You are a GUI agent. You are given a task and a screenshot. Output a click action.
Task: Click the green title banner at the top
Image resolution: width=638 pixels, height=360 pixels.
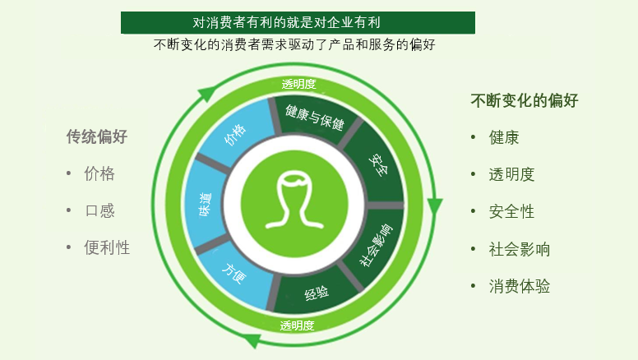click(x=298, y=22)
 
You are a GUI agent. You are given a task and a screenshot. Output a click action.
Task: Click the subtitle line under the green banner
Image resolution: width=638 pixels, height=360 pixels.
click(x=294, y=44)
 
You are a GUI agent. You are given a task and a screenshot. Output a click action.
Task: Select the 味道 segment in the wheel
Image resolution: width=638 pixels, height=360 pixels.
click(x=206, y=204)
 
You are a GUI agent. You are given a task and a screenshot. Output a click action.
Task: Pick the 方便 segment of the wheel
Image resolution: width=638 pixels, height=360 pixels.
click(x=235, y=275)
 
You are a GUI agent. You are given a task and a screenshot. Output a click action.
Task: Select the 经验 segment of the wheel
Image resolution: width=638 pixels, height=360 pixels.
click(x=317, y=293)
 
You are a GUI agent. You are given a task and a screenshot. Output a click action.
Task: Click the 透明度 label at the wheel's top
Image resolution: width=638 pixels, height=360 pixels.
click(x=298, y=84)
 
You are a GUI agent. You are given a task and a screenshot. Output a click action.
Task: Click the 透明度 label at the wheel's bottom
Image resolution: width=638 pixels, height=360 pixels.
click(x=297, y=325)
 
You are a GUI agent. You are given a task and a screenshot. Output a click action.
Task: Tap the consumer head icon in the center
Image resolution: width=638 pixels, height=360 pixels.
click(x=294, y=203)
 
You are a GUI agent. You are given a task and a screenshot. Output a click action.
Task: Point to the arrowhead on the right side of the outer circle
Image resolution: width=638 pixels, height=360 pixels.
click(x=435, y=205)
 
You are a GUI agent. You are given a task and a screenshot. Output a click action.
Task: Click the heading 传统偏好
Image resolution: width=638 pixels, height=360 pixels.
click(x=97, y=136)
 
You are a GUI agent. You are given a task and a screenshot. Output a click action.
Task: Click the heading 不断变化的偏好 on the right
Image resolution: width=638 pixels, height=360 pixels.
click(x=525, y=100)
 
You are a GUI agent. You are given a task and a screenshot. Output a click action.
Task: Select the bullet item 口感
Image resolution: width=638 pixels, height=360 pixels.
click(x=99, y=210)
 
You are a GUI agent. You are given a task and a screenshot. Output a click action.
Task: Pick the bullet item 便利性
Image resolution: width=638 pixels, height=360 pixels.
click(x=107, y=247)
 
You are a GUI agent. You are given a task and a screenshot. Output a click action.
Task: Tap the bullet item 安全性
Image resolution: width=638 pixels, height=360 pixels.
click(x=511, y=211)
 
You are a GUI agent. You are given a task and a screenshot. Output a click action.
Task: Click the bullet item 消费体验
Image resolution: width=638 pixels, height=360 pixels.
click(x=519, y=286)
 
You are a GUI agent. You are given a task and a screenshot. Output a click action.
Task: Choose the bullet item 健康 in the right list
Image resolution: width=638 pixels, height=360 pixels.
click(x=504, y=137)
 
